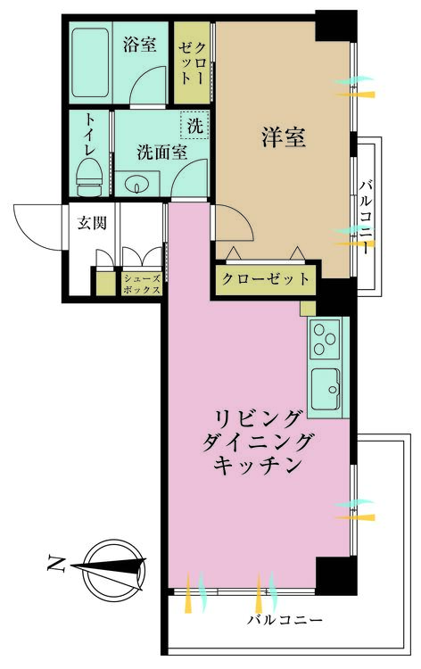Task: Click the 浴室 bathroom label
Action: pyautogui.click(x=139, y=45)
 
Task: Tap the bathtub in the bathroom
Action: pyautogui.click(x=89, y=62)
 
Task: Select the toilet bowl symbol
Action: pyautogui.click(x=89, y=177)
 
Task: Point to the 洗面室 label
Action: pyautogui.click(x=162, y=152)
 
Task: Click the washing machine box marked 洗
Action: pyautogui.click(x=195, y=125)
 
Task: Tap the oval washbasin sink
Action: pyautogui.click(x=136, y=186)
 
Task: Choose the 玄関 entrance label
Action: pyautogui.click(x=92, y=223)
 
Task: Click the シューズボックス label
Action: pyautogui.click(x=142, y=285)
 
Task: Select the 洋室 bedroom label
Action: pyautogui.click(x=284, y=137)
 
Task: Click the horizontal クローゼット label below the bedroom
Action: pyautogui.click(x=266, y=279)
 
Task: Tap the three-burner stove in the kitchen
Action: pyautogui.click(x=325, y=339)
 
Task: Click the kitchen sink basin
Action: pyautogui.click(x=325, y=389)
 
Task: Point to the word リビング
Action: pyautogui.click(x=257, y=420)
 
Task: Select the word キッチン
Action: pyautogui.click(x=258, y=465)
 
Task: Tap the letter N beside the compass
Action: pyautogui.click(x=56, y=563)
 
